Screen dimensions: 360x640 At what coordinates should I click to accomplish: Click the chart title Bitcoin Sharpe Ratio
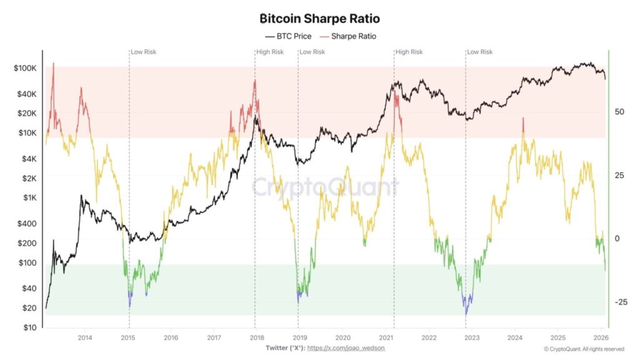319,19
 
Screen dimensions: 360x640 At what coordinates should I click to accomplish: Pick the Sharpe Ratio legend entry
349,36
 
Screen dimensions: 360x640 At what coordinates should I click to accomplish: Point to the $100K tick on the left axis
26,67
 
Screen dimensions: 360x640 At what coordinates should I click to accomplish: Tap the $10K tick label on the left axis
27,132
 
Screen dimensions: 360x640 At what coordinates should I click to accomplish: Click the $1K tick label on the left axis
29,197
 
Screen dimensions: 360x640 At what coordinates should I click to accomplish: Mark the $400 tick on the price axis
29,223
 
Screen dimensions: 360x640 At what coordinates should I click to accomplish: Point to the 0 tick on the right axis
616,239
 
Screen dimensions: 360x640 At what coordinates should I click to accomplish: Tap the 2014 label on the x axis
85,337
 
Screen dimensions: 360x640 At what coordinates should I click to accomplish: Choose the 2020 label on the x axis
342,337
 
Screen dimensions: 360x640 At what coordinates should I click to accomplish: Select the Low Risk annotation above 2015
144,52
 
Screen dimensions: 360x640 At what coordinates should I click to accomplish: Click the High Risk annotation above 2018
270,52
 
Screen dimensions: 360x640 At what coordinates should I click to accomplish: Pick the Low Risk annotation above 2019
312,52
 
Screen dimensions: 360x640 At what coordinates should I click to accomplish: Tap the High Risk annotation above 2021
409,52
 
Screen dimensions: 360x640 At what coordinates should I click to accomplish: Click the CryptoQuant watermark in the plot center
325,187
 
